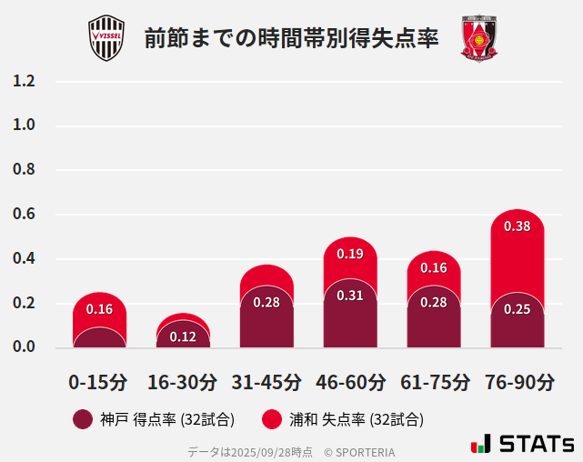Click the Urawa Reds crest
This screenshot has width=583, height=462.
click(478, 38)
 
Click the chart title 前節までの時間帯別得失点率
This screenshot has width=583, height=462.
click(291, 39)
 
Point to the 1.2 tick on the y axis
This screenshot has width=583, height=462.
click(25, 81)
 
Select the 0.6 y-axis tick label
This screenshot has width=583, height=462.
click(25, 215)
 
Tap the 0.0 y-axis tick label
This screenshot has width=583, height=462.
click(25, 347)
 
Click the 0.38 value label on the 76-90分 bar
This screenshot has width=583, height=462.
click(517, 226)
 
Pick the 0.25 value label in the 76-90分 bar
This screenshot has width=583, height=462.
click(517, 309)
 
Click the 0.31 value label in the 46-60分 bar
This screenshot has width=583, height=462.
click(350, 296)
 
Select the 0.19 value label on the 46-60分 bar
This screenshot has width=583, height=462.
click(350, 254)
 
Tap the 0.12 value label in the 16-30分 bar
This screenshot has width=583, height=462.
click(183, 336)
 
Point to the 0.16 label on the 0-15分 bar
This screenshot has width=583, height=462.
click(99, 309)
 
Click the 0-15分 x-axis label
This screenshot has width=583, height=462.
click(98, 382)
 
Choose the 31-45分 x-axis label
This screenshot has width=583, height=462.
click(266, 382)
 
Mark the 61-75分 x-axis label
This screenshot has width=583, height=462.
click(434, 382)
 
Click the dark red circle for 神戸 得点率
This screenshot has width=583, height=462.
click(83, 419)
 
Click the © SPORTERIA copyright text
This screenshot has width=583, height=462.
click(359, 451)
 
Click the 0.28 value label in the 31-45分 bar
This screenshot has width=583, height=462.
click(266, 302)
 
